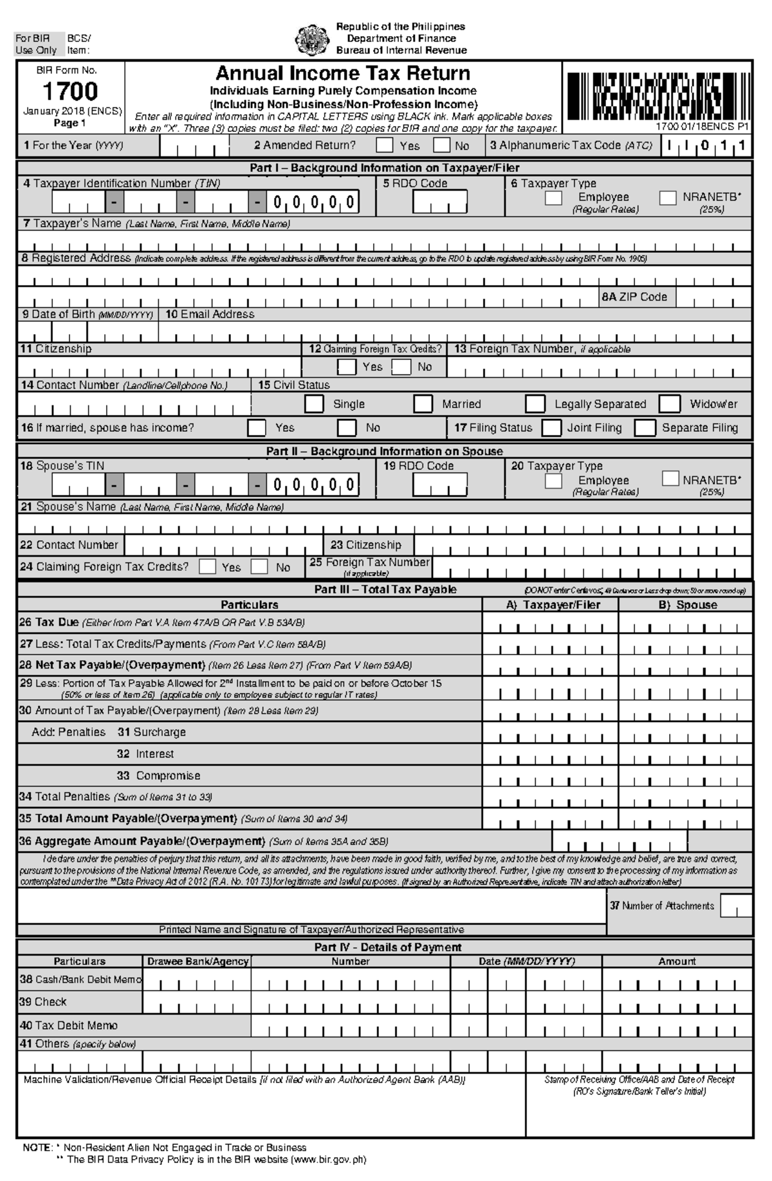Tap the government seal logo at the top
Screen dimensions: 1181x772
[x=312, y=39]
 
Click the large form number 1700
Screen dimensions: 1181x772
[x=70, y=91]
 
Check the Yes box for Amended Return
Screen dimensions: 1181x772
[x=385, y=145]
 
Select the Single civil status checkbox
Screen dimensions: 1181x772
[x=314, y=404]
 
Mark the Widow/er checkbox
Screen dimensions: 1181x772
[x=670, y=404]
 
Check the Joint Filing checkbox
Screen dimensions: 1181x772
[x=551, y=428]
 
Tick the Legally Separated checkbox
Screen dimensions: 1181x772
[x=535, y=404]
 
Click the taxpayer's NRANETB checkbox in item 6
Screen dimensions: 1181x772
[x=668, y=198]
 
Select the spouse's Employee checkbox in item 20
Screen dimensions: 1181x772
[x=553, y=481]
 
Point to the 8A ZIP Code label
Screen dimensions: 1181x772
[x=634, y=297]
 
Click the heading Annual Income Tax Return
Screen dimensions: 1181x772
[x=342, y=73]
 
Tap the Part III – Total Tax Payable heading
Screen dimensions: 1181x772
[x=385, y=590]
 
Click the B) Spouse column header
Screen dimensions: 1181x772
[x=687, y=605]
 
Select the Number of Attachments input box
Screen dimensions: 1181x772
[x=735, y=906]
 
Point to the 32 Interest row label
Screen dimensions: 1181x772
[x=145, y=754]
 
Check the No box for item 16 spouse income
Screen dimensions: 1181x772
[x=347, y=428]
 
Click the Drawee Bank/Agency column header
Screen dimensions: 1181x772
[x=198, y=962]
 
